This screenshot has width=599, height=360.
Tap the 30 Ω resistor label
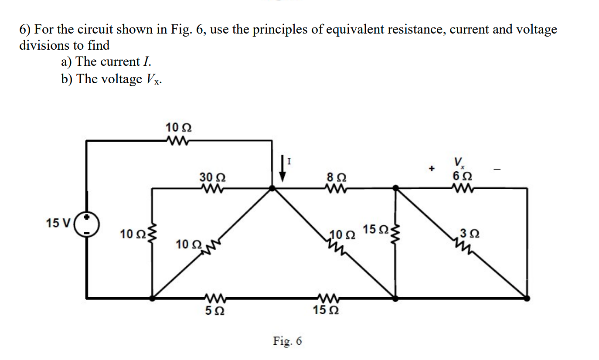click(212, 177)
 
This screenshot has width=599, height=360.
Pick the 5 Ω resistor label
click(215, 310)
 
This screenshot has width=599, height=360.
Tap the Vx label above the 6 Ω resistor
click(459, 164)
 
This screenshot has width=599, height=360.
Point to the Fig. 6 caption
click(287, 340)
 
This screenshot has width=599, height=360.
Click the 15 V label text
click(58, 224)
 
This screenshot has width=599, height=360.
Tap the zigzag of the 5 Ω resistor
click(214, 299)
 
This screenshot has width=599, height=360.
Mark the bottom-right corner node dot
click(527, 299)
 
